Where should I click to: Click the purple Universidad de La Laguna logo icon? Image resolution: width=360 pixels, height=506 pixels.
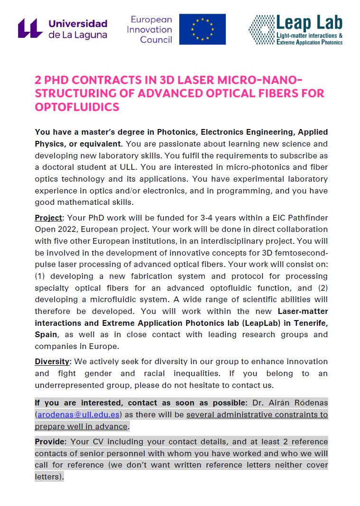pyautogui.click(x=30, y=28)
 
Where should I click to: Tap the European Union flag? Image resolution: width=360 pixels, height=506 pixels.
pyautogui.click(x=202, y=29)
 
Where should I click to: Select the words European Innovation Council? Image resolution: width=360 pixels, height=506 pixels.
pyautogui.click(x=151, y=29)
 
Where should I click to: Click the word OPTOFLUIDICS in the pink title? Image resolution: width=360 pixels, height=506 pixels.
pyautogui.click(x=77, y=107)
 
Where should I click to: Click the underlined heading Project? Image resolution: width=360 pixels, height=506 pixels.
pyautogui.click(x=48, y=218)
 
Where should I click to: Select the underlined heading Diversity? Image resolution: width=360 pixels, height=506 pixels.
pyautogui.click(x=52, y=361)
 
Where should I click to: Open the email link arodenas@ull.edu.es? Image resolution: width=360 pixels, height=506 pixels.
pyautogui.click(x=79, y=414)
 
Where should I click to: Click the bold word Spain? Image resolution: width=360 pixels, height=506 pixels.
pyautogui.click(x=45, y=335)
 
